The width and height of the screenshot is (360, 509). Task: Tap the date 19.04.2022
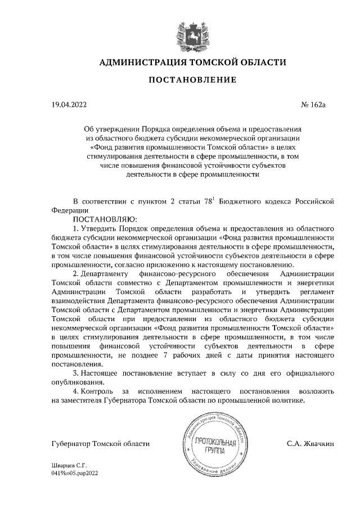click(69, 104)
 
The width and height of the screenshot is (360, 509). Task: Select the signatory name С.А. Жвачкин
click(310, 444)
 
